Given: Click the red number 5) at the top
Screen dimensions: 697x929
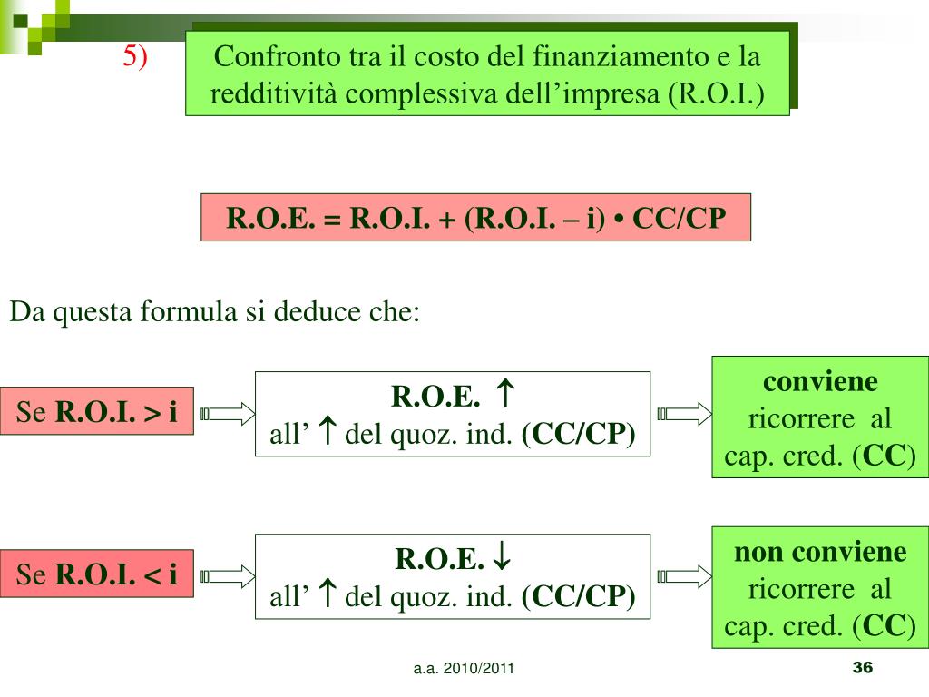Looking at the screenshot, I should point(135,57).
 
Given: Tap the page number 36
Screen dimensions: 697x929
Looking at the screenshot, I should point(862,668).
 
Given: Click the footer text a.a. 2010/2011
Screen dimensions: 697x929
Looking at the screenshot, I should point(464,670).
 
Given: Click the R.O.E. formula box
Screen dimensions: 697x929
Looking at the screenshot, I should point(475,217).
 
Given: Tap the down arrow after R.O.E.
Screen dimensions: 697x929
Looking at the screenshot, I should point(500,559).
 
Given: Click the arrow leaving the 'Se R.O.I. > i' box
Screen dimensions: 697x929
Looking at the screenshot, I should point(228,414).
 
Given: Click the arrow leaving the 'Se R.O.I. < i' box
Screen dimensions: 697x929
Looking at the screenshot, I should point(228,574).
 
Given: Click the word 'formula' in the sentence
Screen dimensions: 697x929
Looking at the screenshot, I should point(188,313).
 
